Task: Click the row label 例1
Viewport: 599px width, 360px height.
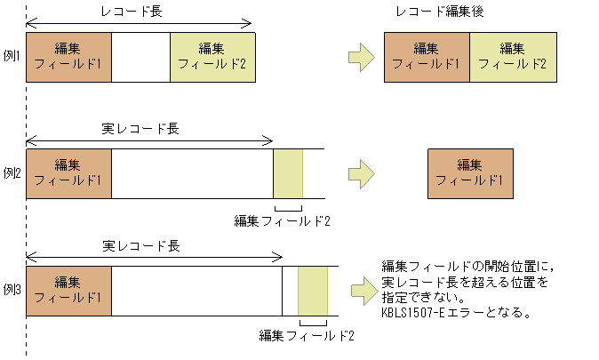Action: click(12, 56)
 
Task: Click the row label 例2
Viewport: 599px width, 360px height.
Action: click(12, 172)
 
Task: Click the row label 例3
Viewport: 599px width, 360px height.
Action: click(12, 290)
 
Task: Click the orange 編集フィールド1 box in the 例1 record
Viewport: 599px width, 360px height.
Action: click(69, 57)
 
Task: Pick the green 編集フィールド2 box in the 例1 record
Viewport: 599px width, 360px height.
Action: click(212, 57)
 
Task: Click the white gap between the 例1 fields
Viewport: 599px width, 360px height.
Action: click(140, 57)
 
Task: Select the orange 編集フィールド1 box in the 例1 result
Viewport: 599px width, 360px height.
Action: click(427, 57)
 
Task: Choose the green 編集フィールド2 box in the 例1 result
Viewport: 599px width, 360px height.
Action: click(513, 57)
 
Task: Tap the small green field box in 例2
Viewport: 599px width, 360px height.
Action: click(288, 173)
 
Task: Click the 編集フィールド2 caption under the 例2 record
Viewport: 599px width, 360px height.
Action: click(282, 220)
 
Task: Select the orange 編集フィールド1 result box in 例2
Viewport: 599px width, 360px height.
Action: click(470, 173)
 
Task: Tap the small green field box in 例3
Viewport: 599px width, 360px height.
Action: click(313, 290)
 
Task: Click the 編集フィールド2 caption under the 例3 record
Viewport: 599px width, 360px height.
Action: click(307, 336)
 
